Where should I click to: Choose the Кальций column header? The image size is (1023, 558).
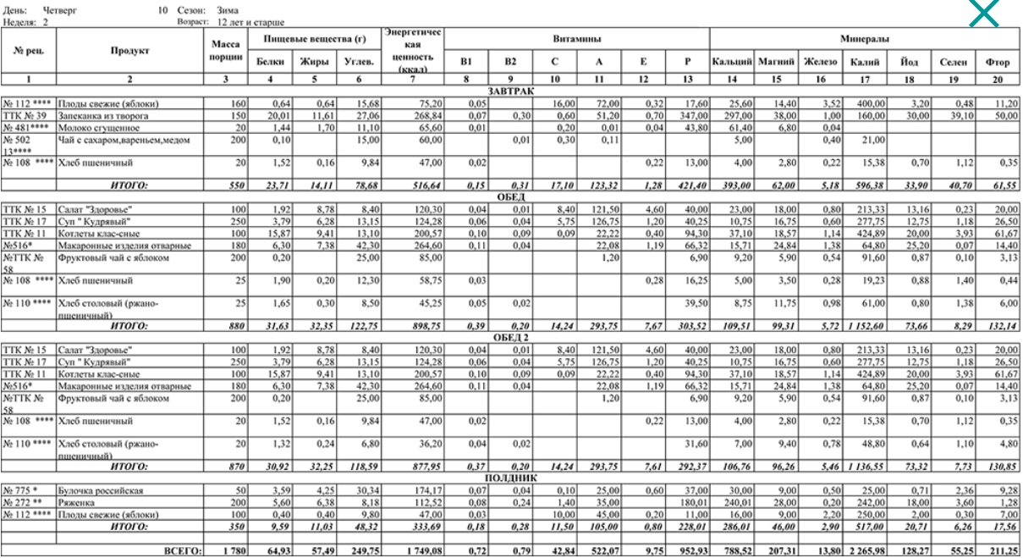coord(731,62)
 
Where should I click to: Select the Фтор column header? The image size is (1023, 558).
coord(998,62)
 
